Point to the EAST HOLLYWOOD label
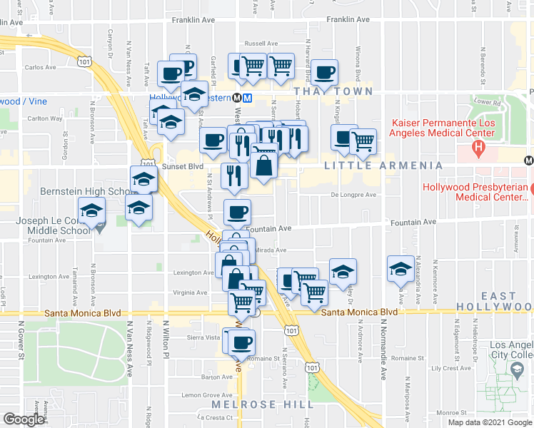coord(498,301)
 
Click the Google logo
coord(24,419)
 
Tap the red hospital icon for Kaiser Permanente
coord(478,150)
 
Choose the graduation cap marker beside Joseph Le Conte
coord(92,212)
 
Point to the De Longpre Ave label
coord(353,195)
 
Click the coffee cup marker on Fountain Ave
coord(238,212)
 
